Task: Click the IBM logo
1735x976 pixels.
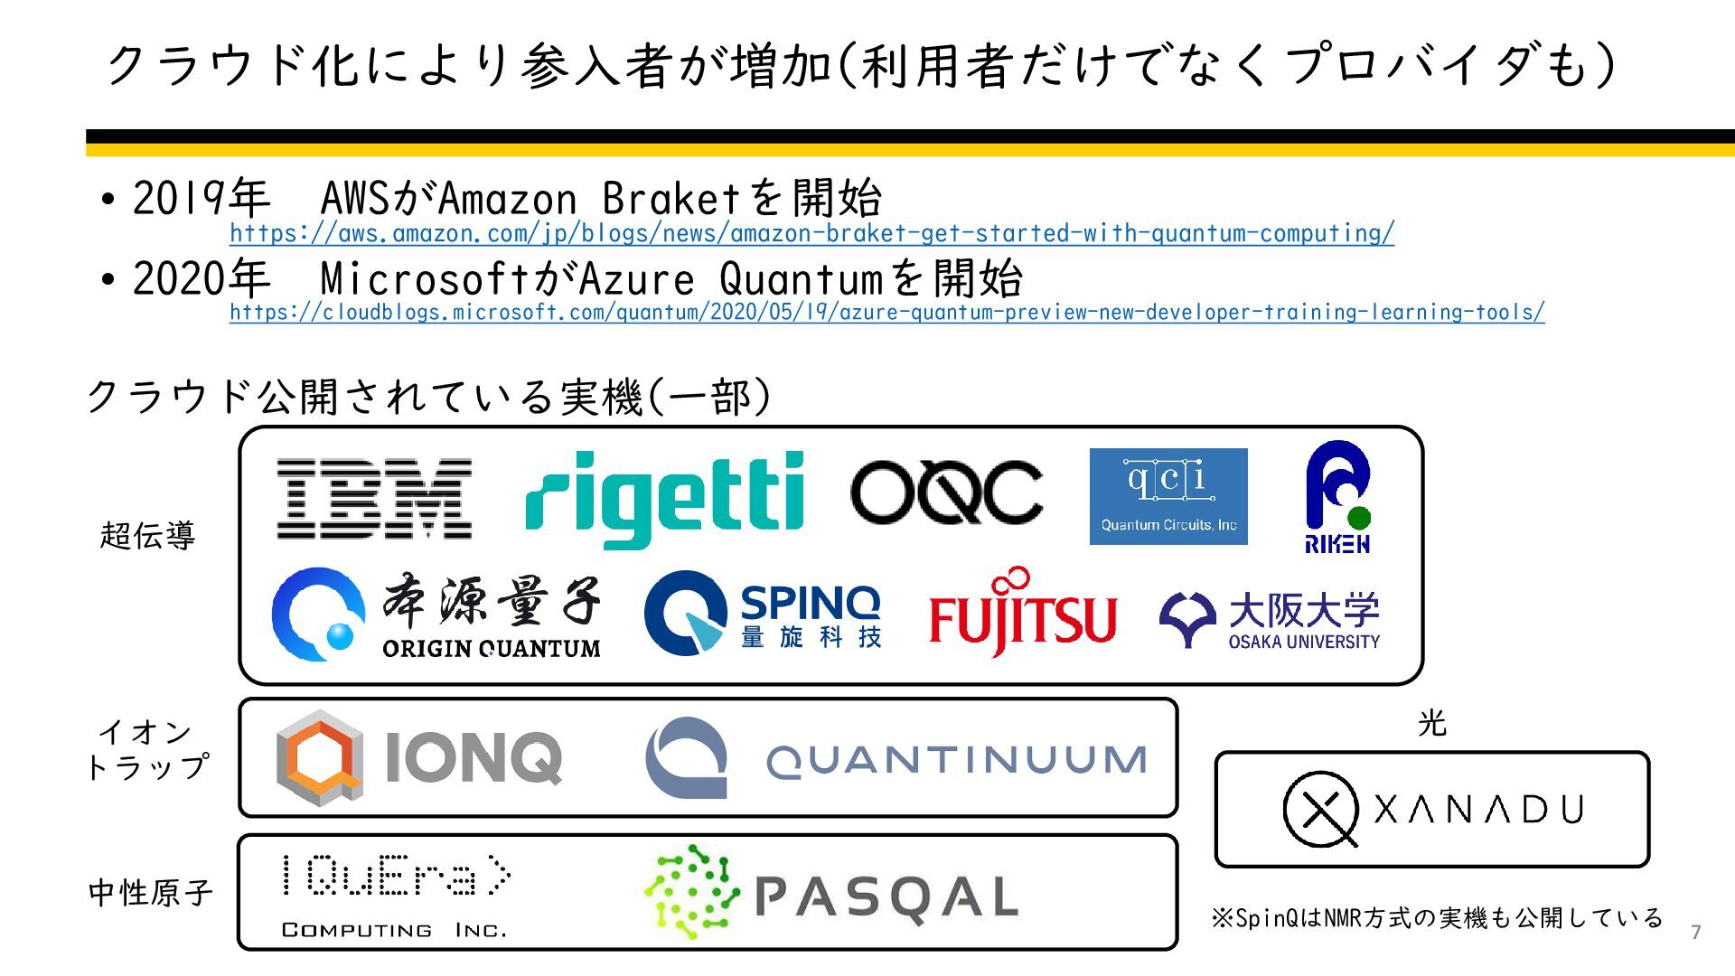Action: (374, 499)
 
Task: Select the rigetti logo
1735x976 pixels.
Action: (664, 499)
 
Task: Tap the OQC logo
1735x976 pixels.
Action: (946, 492)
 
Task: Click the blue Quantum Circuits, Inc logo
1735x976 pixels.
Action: (1168, 496)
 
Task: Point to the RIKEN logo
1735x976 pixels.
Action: (1337, 497)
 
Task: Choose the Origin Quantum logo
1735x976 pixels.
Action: (436, 615)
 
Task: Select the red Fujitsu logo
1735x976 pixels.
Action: (1023, 614)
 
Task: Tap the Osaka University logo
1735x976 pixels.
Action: (1270, 620)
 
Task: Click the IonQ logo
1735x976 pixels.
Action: (419, 757)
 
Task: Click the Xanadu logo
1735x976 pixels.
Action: (1433, 810)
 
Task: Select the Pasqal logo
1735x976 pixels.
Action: (831, 893)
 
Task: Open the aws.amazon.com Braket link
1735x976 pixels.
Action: (811, 233)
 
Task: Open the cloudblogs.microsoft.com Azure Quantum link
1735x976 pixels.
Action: (886, 313)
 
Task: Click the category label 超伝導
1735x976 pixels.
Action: (148, 535)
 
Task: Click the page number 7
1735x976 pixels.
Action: (1695, 932)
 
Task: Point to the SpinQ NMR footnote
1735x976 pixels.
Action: (1437, 918)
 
